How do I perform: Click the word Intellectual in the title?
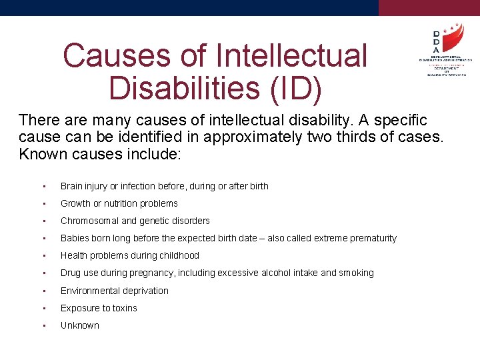tap(306, 55)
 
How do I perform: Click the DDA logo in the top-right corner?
tap(444, 49)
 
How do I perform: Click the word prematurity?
tap(371, 238)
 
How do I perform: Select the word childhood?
tap(179, 255)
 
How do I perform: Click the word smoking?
tap(356, 273)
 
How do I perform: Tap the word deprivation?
tap(143, 291)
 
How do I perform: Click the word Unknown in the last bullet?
tap(79, 325)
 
